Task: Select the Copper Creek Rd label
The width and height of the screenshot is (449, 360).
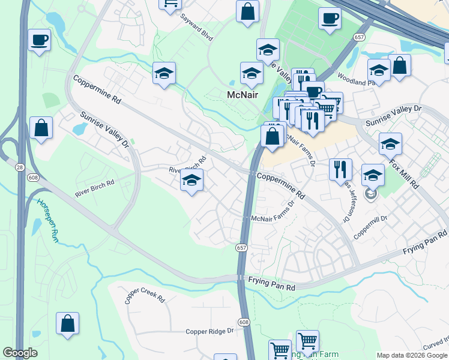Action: [145, 295]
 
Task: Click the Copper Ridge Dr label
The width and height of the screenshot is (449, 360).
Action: [209, 331]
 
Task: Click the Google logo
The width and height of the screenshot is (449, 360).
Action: [20, 353]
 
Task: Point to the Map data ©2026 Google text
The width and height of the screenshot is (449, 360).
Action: [411, 355]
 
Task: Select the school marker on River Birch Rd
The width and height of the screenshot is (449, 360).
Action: [191, 180]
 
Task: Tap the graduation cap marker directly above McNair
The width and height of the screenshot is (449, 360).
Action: [252, 73]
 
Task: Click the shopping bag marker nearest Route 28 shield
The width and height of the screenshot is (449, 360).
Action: [41, 128]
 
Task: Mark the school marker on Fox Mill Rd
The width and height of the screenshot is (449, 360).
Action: [390, 143]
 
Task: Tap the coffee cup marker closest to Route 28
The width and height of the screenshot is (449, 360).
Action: [40, 40]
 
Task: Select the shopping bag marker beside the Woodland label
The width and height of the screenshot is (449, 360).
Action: [399, 66]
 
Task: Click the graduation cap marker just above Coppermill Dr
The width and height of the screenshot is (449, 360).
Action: [373, 175]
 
